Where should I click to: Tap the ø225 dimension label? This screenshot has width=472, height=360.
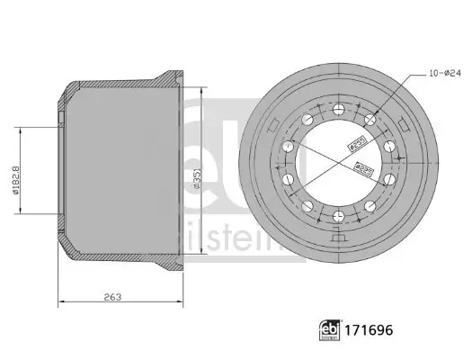tap(364, 166)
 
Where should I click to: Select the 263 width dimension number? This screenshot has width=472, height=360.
tap(112, 295)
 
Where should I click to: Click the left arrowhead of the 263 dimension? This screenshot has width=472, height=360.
tap(60, 301)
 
